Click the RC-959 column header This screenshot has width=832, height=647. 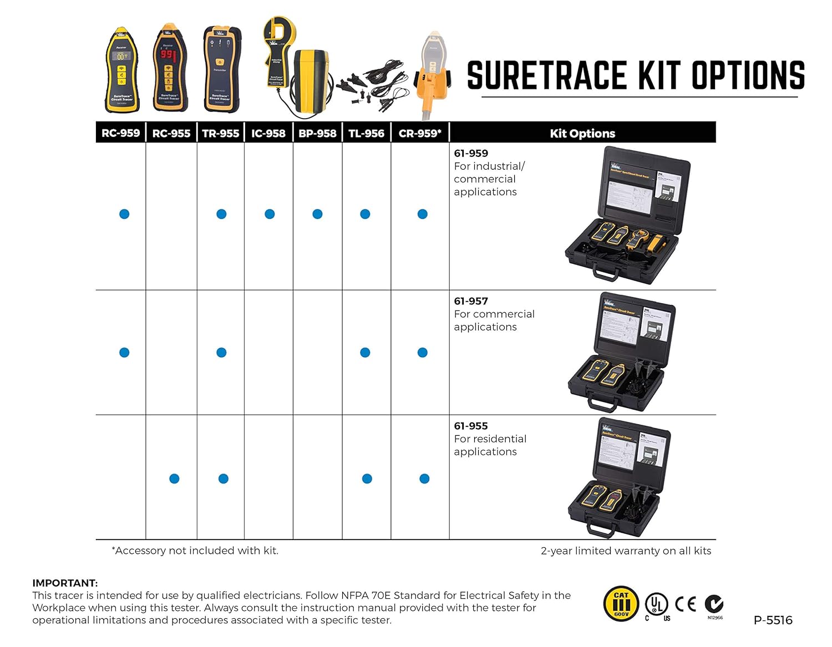[x=120, y=133]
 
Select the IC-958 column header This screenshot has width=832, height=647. [x=268, y=133]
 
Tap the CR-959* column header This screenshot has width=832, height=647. [x=420, y=133]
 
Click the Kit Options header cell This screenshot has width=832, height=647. [x=582, y=133]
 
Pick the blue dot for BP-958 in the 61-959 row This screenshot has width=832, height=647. [x=317, y=214]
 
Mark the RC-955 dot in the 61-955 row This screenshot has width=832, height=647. [x=174, y=478]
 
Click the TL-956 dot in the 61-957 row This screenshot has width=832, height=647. [x=365, y=352]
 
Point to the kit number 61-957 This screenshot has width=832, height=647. [x=471, y=301]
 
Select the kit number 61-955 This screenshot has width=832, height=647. [x=471, y=426]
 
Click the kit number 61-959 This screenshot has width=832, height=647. [x=471, y=153]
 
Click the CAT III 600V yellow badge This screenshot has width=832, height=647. [x=621, y=604]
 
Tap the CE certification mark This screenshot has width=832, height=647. [x=686, y=604]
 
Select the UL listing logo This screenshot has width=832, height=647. [x=656, y=604]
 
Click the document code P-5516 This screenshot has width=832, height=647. [x=773, y=620]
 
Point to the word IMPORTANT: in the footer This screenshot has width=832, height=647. [x=65, y=583]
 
